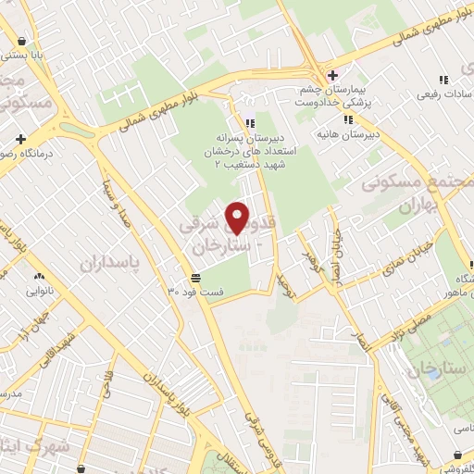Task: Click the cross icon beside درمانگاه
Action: (x=19, y=139)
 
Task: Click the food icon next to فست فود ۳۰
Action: (x=196, y=278)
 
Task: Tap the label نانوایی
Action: (x=35, y=289)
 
